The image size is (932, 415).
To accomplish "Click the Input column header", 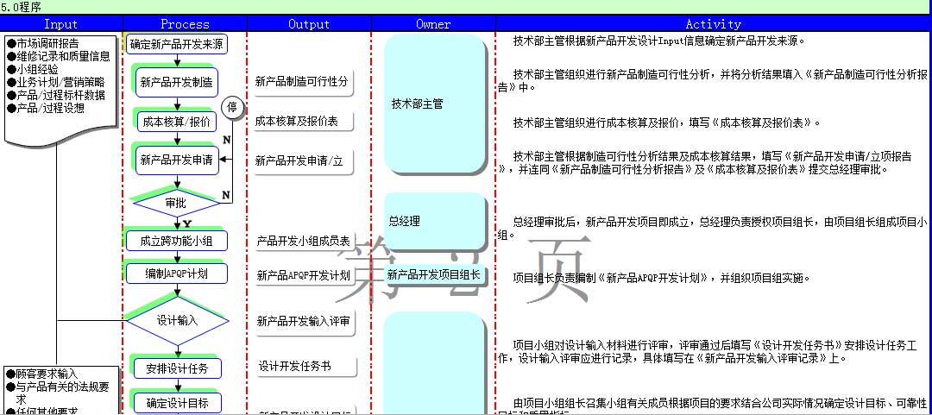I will coord(60,24).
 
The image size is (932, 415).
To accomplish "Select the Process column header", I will coord(185,24).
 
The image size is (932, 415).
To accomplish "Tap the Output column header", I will coord(309,24).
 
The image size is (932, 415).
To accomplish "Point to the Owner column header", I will coord(433,24).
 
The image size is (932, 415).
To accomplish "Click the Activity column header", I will coord(713,24).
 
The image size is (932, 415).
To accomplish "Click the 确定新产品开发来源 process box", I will coord(178,44).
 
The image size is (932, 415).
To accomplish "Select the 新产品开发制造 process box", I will coord(177,83).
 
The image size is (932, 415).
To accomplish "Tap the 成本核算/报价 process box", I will coord(175,122).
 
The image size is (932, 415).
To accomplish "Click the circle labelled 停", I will coord(232,108).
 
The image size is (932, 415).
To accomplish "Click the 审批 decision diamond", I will coord(176,203).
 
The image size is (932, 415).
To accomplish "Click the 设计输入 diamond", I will coord(177,320).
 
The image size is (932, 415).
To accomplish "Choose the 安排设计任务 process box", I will coord(177,368).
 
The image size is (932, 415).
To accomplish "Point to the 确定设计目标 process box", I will coord(177,403).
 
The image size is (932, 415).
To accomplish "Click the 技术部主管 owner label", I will coord(417,104).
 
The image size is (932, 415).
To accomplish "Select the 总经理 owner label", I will coord(405,221).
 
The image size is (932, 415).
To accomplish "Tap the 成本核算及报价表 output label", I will coord(297,122).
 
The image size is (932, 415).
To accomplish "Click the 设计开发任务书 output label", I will coord(294,367).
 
